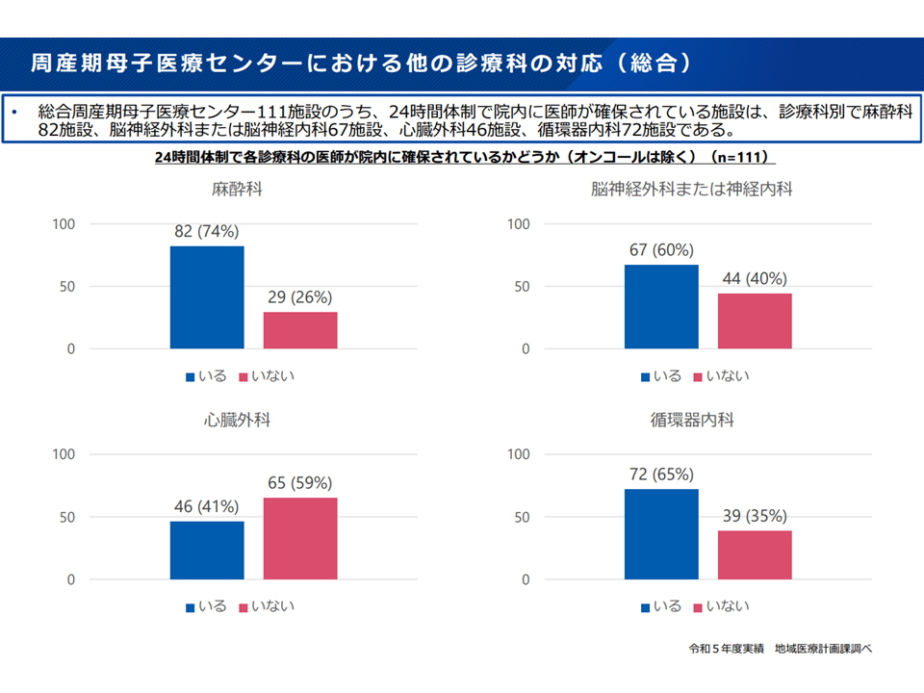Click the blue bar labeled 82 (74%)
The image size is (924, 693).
tap(207, 297)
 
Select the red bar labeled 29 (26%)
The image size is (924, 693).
tap(300, 330)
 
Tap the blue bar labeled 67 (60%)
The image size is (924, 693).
tap(661, 306)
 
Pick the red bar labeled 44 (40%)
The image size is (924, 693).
tap(755, 321)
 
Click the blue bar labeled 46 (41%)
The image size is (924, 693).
tap(207, 550)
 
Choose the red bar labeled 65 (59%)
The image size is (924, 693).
tap(300, 538)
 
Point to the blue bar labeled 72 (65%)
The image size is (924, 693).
tap(661, 534)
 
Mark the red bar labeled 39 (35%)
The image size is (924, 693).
tap(755, 554)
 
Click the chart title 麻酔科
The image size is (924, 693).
tap(237, 190)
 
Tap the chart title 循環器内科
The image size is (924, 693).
tap(692, 421)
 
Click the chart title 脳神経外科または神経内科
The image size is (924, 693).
tap(692, 190)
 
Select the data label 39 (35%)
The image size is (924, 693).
tap(756, 515)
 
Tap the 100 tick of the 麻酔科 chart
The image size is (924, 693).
tap(64, 224)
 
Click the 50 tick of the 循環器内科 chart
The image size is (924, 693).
tap(522, 517)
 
